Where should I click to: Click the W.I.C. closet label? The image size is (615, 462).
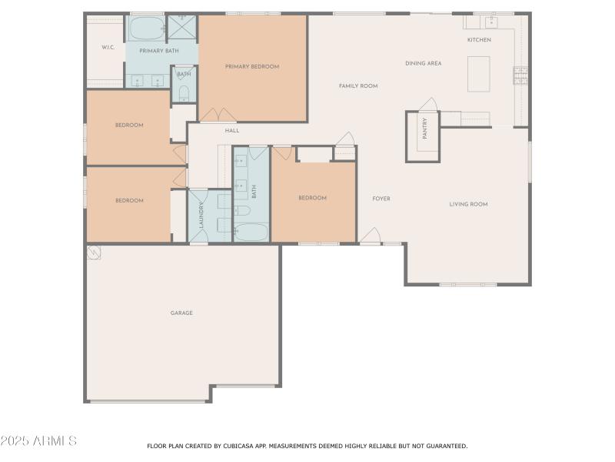pyautogui.click(x=108, y=47)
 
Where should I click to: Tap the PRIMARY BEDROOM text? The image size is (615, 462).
pyautogui.click(x=252, y=67)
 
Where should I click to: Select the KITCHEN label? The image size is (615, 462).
pyautogui.click(x=479, y=40)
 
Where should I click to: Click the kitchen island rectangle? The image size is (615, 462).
pyautogui.click(x=478, y=74)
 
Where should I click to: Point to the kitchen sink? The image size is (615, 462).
pyautogui.click(x=490, y=22)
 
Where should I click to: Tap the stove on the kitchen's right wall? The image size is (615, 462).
pyautogui.click(x=520, y=75)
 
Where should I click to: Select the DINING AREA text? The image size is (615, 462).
pyautogui.click(x=423, y=63)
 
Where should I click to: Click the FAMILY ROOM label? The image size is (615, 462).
pyautogui.click(x=358, y=86)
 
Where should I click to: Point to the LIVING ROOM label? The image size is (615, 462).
pyautogui.click(x=468, y=204)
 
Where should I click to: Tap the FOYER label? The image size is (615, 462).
pyautogui.click(x=381, y=199)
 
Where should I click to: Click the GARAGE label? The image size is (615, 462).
pyautogui.click(x=181, y=313)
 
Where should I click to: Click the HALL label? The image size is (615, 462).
pyautogui.click(x=232, y=131)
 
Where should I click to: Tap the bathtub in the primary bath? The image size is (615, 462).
pyautogui.click(x=145, y=28)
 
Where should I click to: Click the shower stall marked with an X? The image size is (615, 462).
pyautogui.click(x=182, y=28)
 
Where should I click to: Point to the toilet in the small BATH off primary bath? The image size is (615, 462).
pyautogui.click(x=184, y=94)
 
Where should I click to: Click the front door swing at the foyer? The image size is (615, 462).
pyautogui.click(x=371, y=236)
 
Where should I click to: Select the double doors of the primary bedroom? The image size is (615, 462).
pyautogui.click(x=218, y=115)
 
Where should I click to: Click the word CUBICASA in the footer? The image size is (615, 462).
pyautogui.click(x=234, y=446)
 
